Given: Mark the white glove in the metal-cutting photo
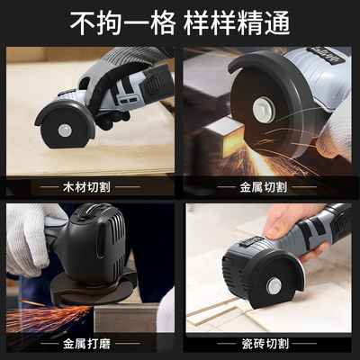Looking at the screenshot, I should [x=335, y=135].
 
